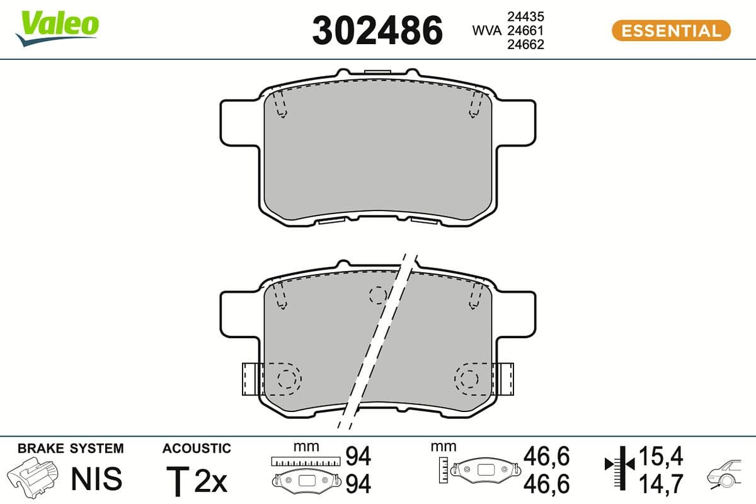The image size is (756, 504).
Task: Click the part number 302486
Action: click(x=377, y=30)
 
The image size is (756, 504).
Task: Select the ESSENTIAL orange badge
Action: click(x=671, y=30)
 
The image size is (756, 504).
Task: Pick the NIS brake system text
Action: click(x=96, y=479)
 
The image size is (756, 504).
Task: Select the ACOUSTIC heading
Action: click(x=197, y=449)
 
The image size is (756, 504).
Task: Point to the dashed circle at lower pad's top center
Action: click(x=377, y=295)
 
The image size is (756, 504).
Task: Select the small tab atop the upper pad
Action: click(x=377, y=74)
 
